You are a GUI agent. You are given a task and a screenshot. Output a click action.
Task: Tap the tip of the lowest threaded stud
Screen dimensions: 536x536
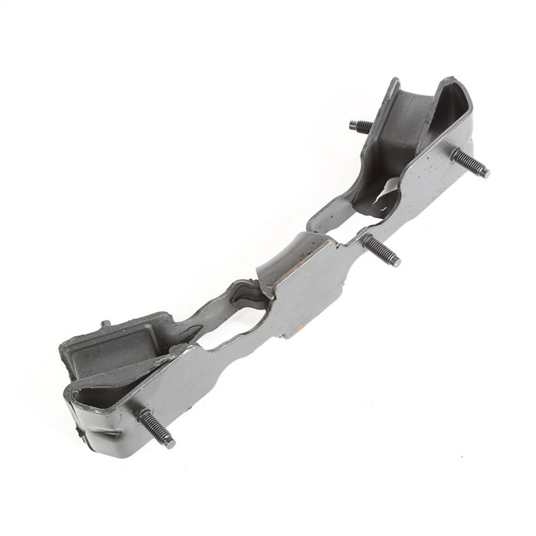(x=169, y=443)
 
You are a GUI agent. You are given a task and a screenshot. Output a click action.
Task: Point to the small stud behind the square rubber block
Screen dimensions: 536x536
(x=106, y=324)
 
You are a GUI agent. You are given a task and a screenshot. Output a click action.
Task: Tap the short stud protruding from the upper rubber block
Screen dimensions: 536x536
(x=361, y=126)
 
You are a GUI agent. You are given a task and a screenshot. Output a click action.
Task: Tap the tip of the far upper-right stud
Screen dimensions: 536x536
(x=485, y=173)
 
